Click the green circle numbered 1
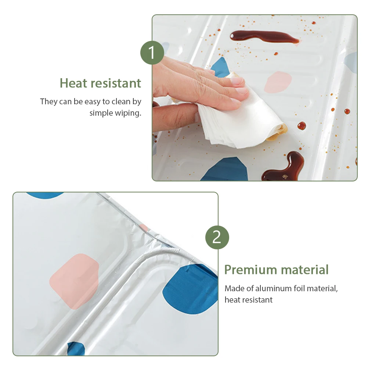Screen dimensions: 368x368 tap(152, 53)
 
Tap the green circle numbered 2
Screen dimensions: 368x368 tap(217, 237)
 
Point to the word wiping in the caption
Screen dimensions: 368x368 tap(128, 113)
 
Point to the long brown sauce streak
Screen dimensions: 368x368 tap(264, 37)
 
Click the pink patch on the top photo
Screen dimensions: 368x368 tap(278, 82)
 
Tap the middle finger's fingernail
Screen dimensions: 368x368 tap(237, 81)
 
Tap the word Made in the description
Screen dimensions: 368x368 tap(234, 288)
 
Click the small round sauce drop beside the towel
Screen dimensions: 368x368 tap(302, 126)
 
